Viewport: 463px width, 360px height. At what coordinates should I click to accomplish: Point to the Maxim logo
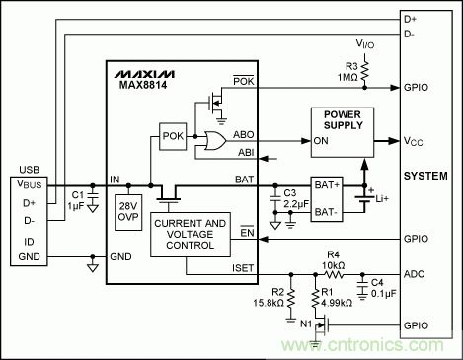tap(143, 74)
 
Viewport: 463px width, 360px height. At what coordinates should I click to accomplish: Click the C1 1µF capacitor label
tap(77, 200)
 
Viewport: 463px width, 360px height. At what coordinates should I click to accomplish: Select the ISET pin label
tap(244, 267)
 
